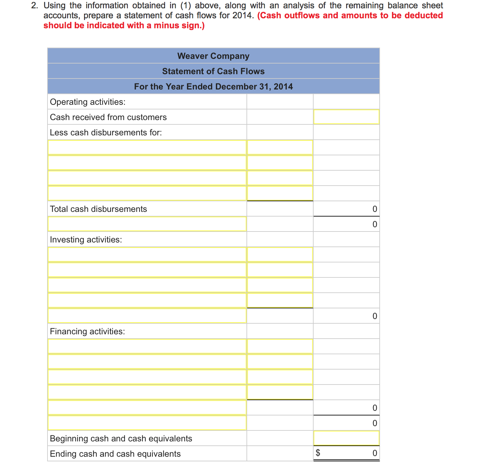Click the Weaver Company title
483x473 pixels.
pos(213,56)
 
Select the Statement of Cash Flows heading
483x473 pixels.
pos(213,71)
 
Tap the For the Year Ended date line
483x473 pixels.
pos(213,86)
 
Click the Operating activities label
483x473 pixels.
pos(88,102)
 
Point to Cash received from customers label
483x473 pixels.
pos(108,117)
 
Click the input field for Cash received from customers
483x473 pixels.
pos(346,117)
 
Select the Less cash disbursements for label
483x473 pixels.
pos(106,132)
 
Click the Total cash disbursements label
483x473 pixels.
pos(98,209)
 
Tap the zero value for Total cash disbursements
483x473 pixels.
pos(374,209)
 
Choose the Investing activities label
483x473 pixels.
pos(86,239)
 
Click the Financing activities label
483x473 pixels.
pos(87,331)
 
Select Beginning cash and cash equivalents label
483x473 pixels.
pos(121,438)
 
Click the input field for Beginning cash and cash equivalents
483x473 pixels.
pos(346,438)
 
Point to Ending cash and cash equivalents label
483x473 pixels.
pos(115,454)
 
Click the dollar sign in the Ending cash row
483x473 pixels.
pos(318,453)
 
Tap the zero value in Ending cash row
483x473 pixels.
pos(374,453)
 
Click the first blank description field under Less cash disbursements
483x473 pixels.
pos(147,147)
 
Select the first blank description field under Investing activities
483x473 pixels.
pos(147,254)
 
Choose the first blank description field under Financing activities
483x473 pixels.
pos(147,346)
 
